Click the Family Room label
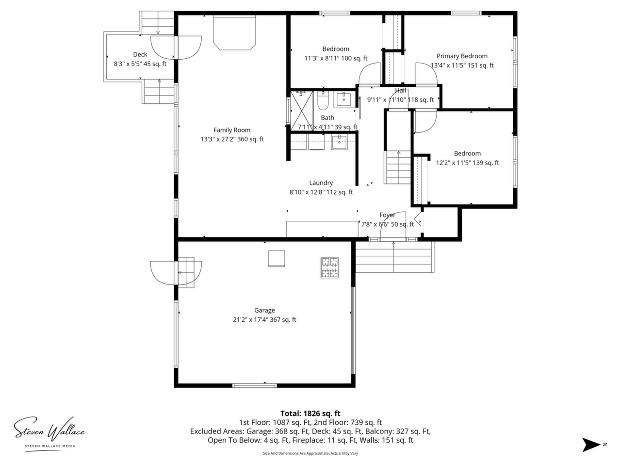pos(232,130)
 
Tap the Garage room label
pos(264,310)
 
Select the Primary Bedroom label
pos(462,56)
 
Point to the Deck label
pos(140,54)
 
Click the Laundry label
pos(321,183)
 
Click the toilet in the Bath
pos(322,100)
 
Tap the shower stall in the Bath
pos(302,111)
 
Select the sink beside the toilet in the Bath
pos(344,100)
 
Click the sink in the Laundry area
pos(339,142)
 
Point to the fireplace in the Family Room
pos(234,33)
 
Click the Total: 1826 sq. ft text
pos(310,414)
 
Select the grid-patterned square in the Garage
pos(329,267)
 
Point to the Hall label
pos(401,91)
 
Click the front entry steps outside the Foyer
pos(394,257)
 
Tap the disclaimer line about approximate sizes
pos(310,453)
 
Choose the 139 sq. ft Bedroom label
pos(467,153)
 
